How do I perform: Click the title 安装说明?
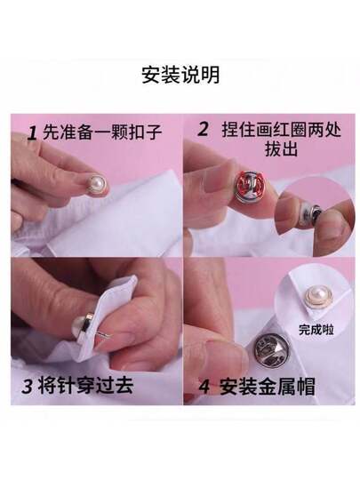tap(180, 75)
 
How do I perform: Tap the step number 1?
tap(32, 133)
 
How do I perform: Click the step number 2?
tap(203, 129)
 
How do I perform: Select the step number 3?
tap(27, 386)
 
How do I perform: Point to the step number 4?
tap(204, 387)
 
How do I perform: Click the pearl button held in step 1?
tap(98, 184)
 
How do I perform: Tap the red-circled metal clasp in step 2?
tap(250, 190)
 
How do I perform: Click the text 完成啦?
tap(316, 330)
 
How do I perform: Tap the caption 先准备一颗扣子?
tap(102, 132)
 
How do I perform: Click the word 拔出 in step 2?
tap(281, 149)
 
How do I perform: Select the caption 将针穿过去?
tap(86, 385)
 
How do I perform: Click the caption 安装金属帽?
tap(268, 387)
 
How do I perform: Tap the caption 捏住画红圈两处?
tap(281, 130)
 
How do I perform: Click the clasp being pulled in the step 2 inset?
tap(310, 215)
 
